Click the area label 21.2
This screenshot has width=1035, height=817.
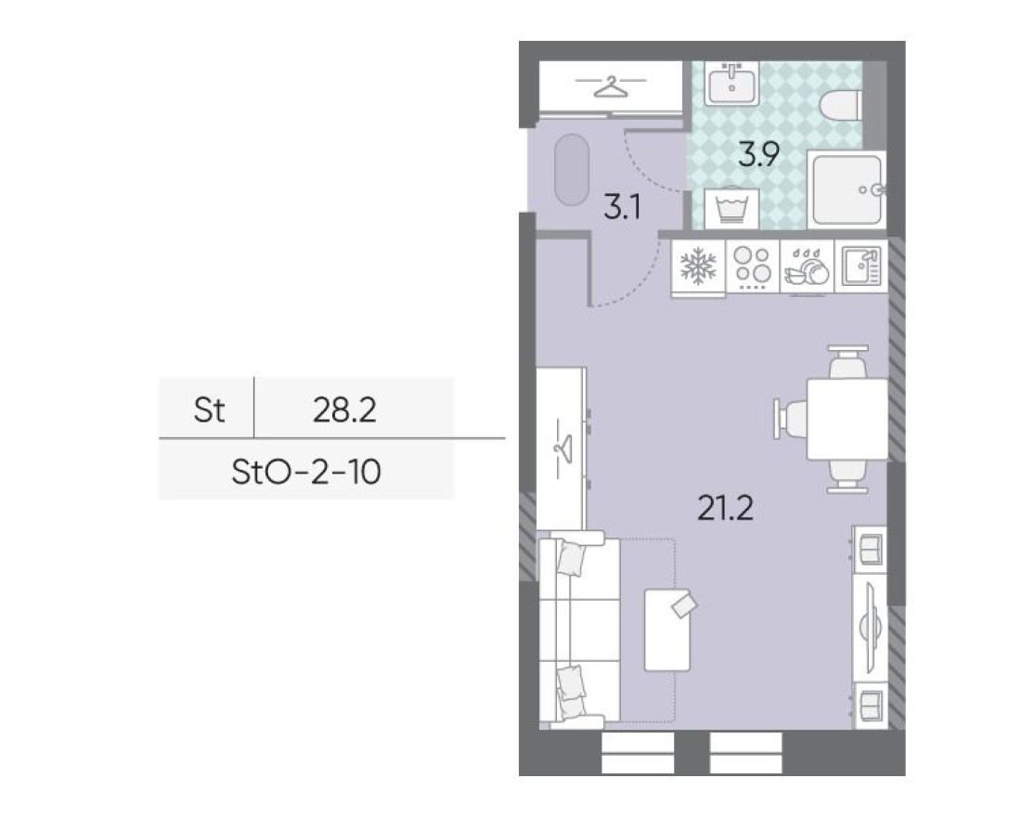725,508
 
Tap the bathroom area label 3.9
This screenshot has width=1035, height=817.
757,154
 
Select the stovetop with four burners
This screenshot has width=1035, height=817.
752,267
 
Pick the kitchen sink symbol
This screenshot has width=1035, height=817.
860,267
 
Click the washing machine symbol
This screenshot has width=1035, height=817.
731,208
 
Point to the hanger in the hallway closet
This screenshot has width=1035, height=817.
609,86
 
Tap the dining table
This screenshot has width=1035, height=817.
847,419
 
